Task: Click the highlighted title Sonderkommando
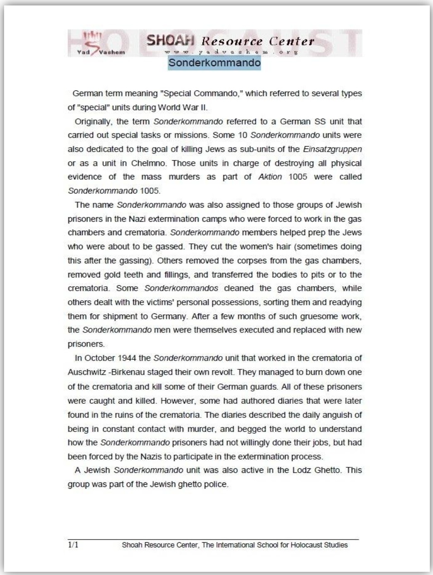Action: [x=214, y=63]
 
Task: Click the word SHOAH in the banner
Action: [x=170, y=41]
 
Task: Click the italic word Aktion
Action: [x=270, y=177]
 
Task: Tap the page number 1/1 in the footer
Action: [x=73, y=545]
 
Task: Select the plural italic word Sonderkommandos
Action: [x=181, y=288]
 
